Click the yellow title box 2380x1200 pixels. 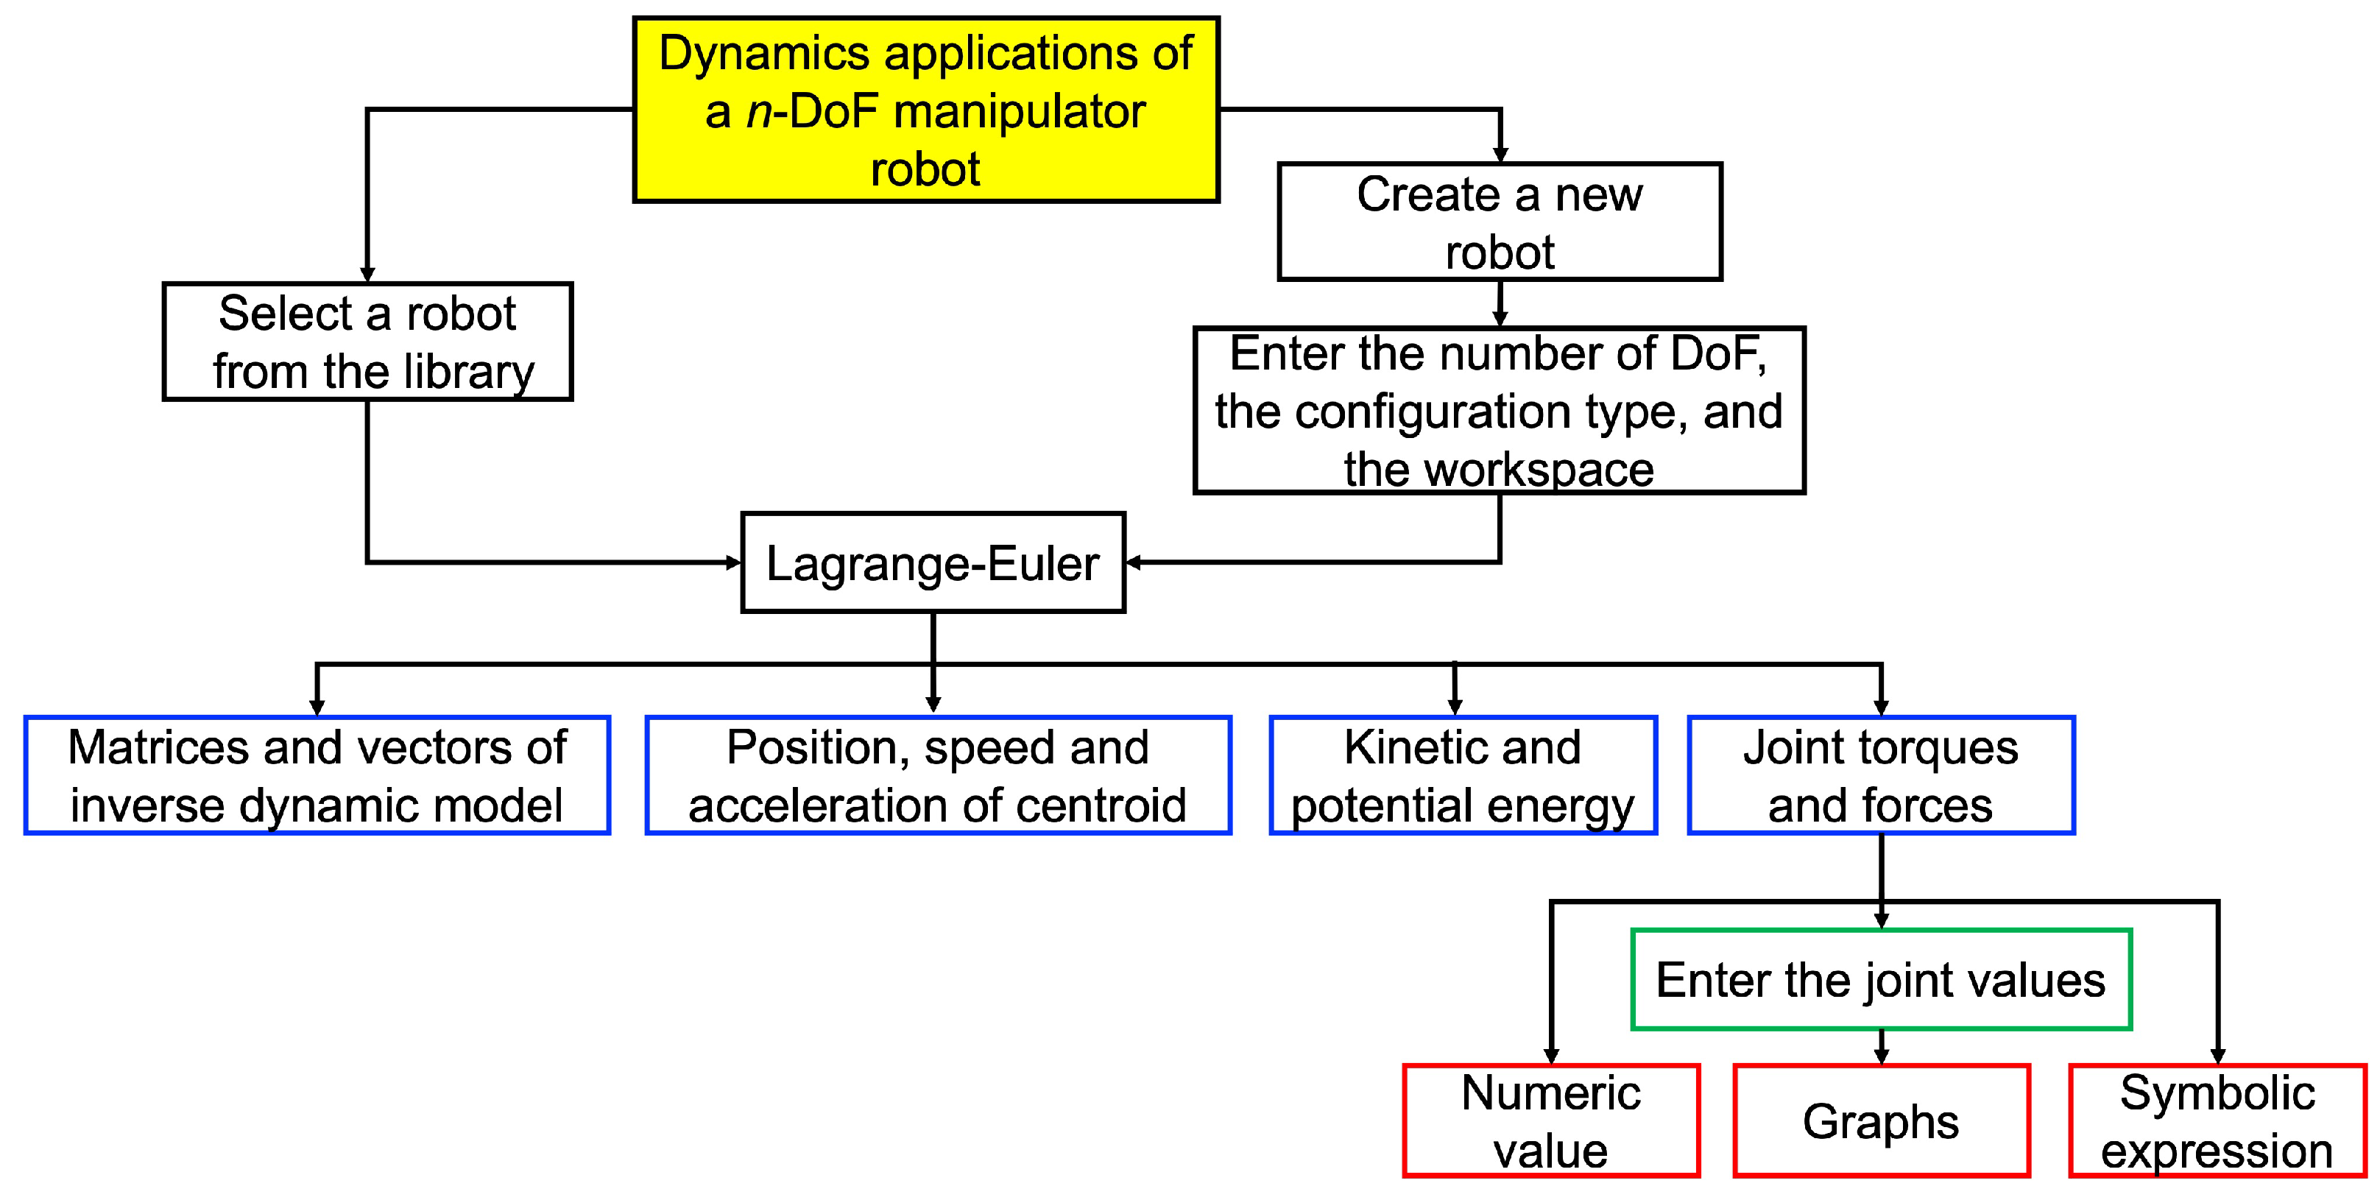click(926, 109)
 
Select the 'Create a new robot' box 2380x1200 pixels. click(1500, 222)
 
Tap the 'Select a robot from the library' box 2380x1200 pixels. click(368, 341)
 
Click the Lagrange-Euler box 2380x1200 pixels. click(933, 562)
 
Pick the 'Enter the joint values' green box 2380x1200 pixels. click(1881, 979)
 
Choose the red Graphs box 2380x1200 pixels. click(1881, 1120)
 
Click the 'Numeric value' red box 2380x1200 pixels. click(1550, 1120)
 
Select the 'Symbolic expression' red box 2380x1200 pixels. click(2217, 1120)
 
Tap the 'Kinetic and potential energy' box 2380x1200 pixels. click(1463, 775)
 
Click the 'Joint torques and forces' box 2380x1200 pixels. click(1881, 775)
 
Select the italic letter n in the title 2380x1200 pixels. click(758, 113)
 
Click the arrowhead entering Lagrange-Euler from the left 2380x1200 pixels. click(734, 562)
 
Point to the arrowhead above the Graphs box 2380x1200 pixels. click(1881, 1056)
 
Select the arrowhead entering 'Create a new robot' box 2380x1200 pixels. click(1500, 155)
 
